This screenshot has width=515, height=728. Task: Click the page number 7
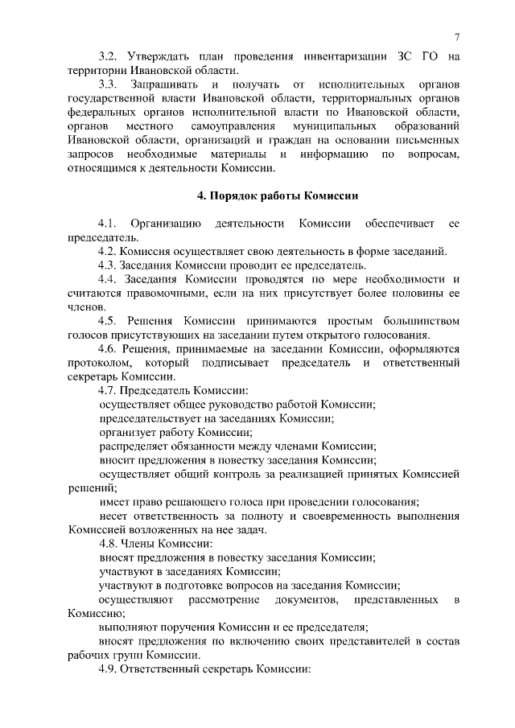456,36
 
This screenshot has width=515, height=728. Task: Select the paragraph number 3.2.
109,56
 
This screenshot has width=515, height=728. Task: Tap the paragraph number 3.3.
109,84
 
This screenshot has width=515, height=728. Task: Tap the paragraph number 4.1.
109,223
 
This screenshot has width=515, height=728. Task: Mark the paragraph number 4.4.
109,278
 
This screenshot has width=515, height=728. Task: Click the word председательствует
152,418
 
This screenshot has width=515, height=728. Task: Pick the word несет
113,516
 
